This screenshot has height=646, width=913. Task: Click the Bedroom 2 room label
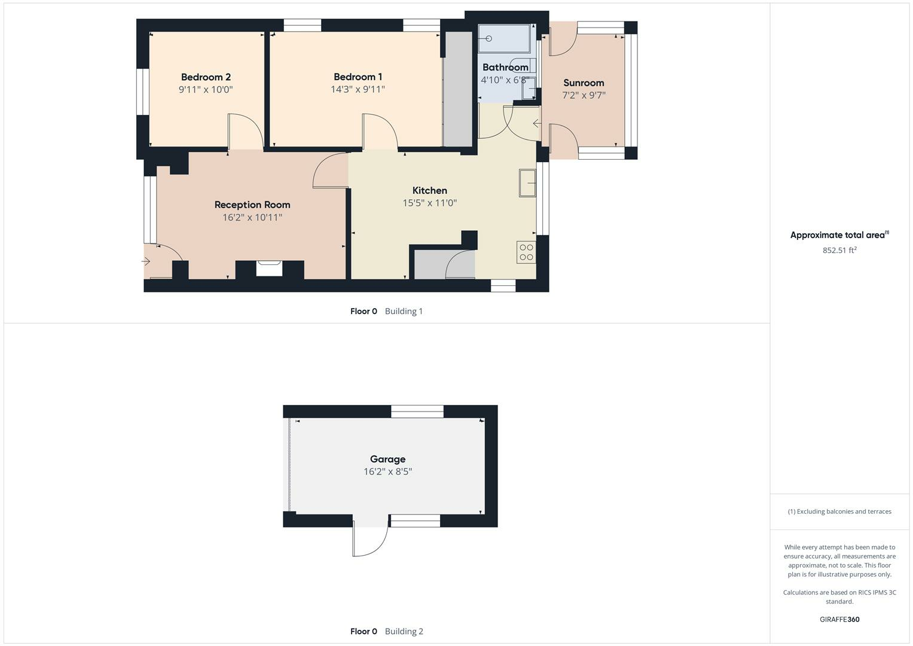coord(206,77)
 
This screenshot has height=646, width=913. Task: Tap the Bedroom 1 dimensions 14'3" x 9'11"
coord(358,90)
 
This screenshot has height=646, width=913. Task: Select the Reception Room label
coord(252,205)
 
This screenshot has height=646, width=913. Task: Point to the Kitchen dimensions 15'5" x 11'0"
coord(429,203)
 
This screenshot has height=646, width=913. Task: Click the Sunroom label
coord(584,83)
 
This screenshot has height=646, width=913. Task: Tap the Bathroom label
coord(505,68)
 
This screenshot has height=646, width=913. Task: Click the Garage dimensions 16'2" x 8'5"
coord(387,472)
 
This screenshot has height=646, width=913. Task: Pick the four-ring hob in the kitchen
coord(526,252)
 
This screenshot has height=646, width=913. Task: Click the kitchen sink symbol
coord(527,183)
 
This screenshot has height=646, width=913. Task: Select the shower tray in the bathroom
coord(504,39)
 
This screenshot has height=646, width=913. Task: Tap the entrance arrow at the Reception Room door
coord(146,261)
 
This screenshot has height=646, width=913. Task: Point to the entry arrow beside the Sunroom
coord(537,124)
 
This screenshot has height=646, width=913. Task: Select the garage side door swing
coord(370,540)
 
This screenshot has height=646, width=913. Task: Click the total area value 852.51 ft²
coord(839,251)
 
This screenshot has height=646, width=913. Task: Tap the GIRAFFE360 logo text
coord(839,620)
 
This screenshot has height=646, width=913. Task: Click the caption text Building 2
coord(404,632)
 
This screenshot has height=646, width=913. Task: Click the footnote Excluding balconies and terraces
coord(839,512)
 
